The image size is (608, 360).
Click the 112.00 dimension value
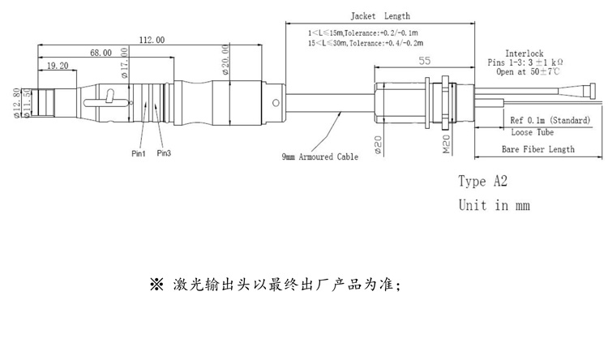click(x=152, y=40)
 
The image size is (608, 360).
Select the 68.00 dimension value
click(x=101, y=53)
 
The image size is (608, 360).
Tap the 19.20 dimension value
click(x=57, y=65)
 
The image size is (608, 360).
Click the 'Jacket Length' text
click(x=380, y=16)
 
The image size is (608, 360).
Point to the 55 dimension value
click(x=424, y=61)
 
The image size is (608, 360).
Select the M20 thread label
click(x=445, y=145)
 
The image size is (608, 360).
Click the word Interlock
click(x=525, y=52)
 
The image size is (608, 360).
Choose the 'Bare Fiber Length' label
click(x=537, y=149)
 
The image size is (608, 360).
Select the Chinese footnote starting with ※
click(x=275, y=285)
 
